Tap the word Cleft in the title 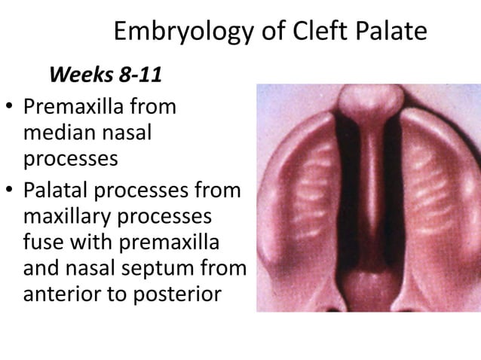click(308, 32)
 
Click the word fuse click(42, 244)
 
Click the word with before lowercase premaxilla click(89, 244)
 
